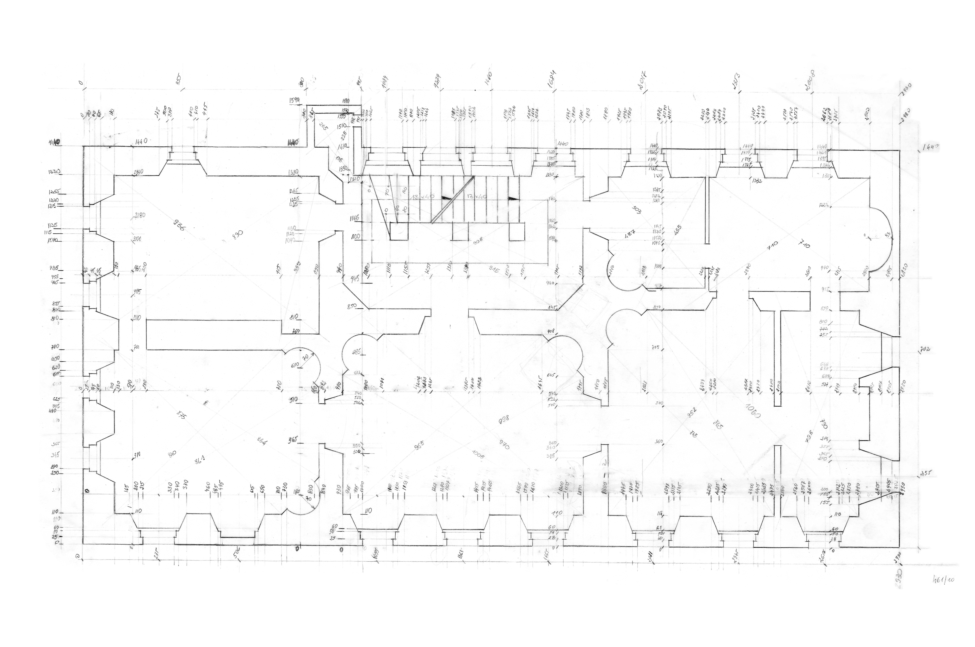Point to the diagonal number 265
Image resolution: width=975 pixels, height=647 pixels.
(x=323, y=127)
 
